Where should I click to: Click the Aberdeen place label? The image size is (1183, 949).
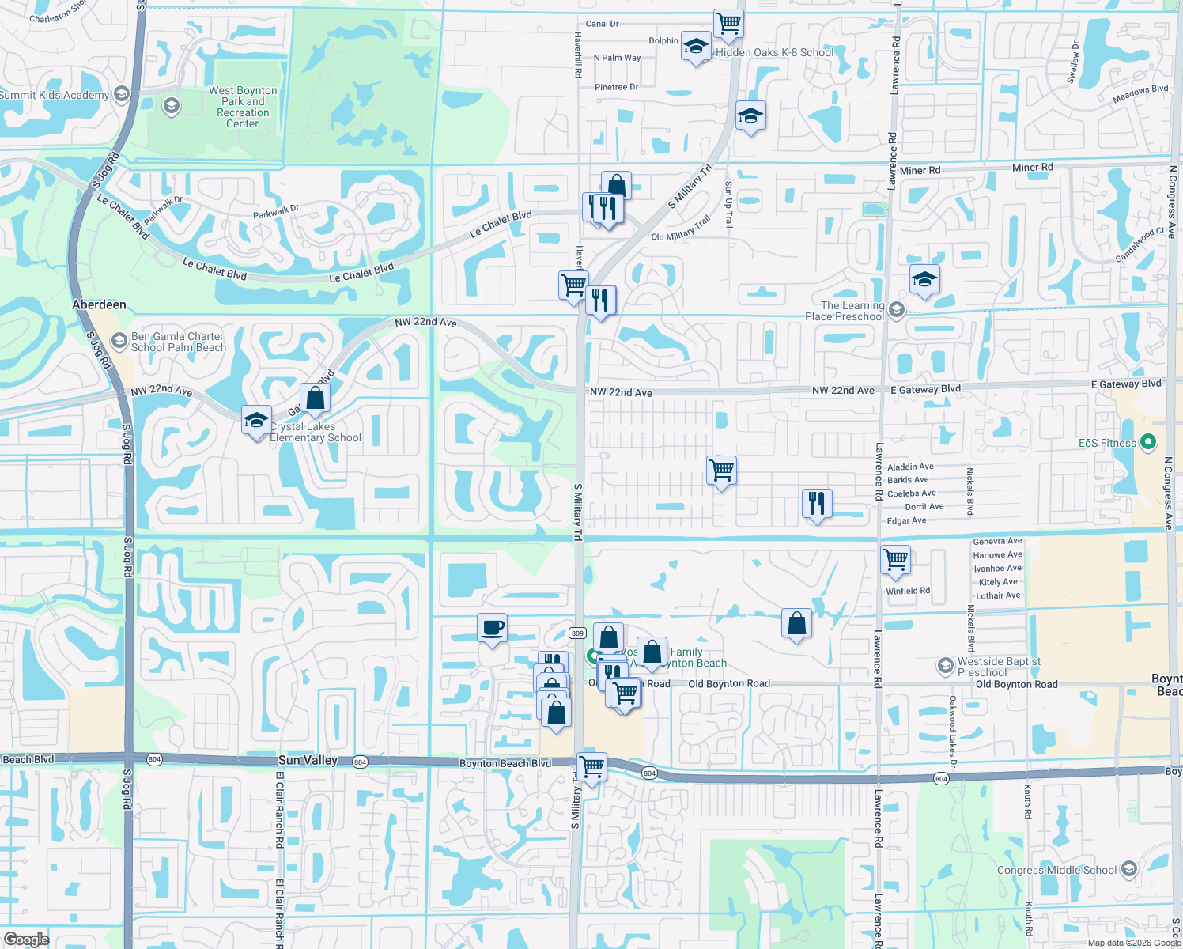click(x=99, y=304)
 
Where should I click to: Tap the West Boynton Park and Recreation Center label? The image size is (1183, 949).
click(x=243, y=107)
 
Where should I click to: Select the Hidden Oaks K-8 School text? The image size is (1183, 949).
click(x=774, y=52)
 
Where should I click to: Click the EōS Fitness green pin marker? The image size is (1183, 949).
click(x=1149, y=442)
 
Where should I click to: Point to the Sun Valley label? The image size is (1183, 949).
click(x=308, y=760)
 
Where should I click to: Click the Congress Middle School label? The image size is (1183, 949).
click(x=1056, y=870)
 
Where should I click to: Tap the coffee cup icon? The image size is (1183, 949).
click(x=492, y=628)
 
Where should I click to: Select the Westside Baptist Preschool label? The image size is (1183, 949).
click(x=999, y=667)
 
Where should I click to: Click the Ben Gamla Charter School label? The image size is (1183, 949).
click(x=179, y=342)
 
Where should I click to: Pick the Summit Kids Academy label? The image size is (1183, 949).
click(x=55, y=95)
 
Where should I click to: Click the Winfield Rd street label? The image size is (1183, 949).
click(x=908, y=591)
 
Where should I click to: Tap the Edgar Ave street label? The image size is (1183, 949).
click(x=906, y=520)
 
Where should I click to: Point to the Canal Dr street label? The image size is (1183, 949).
click(x=602, y=24)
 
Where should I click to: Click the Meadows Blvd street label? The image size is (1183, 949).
click(x=1140, y=93)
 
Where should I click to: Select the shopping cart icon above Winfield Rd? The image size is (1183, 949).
click(x=896, y=560)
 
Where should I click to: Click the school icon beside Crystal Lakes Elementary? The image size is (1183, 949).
click(x=256, y=421)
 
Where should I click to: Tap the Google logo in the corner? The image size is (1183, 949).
click(x=26, y=940)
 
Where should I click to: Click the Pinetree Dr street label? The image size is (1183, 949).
click(x=616, y=87)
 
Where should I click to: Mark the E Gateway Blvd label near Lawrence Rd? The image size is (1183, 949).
click(x=925, y=389)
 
